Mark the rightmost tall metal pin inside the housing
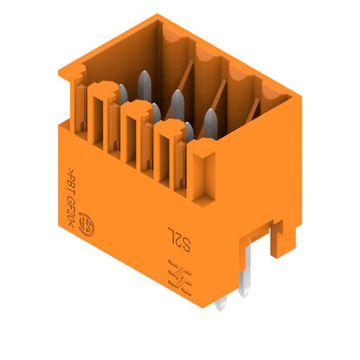pyautogui.click(x=210, y=121)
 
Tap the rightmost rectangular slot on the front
pyautogui.click(x=164, y=155)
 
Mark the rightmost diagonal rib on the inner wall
pyautogui.click(x=258, y=112)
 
